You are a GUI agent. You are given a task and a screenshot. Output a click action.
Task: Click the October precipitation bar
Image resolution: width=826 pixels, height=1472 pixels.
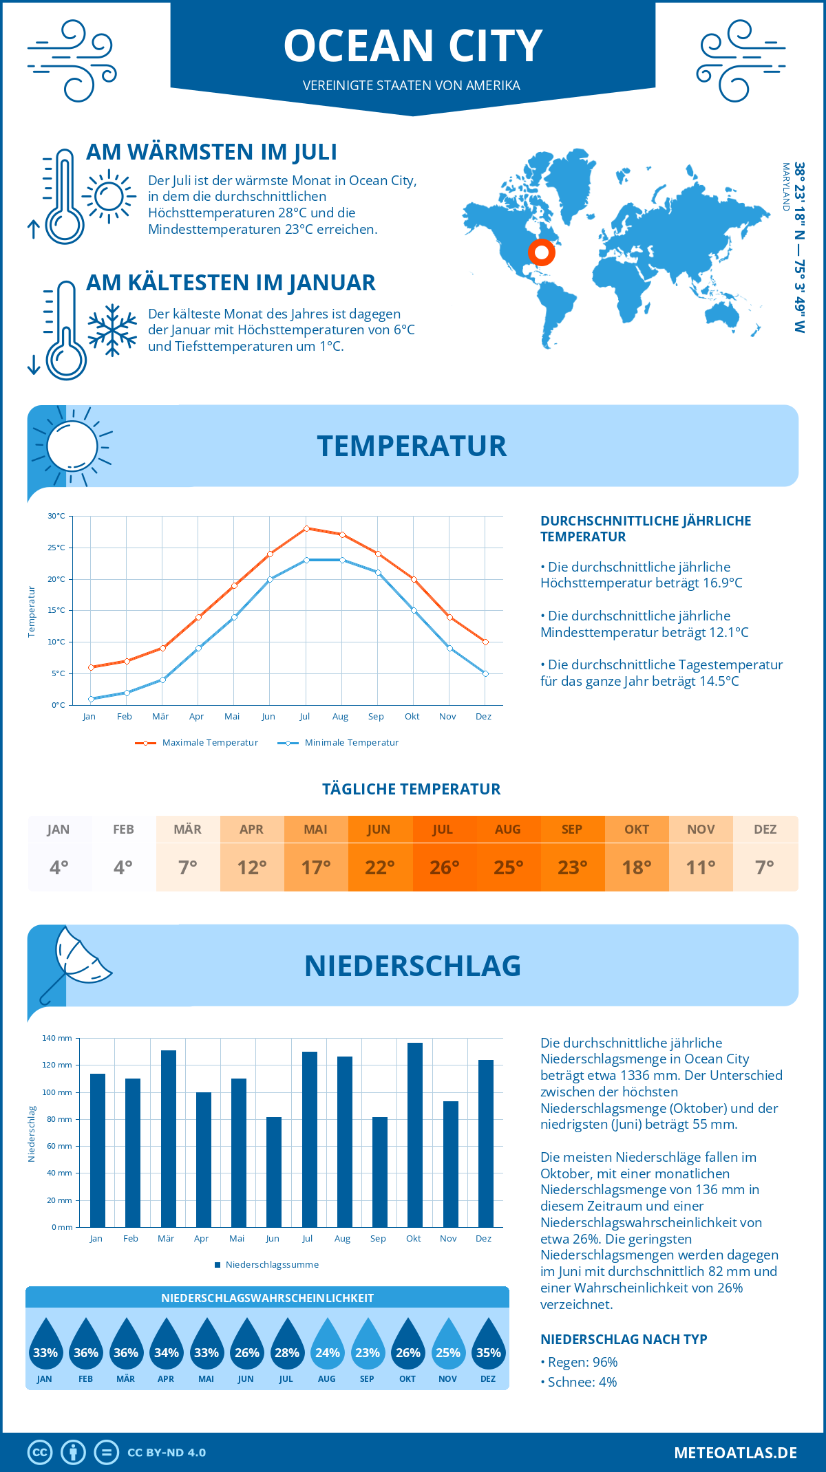click(x=414, y=1135)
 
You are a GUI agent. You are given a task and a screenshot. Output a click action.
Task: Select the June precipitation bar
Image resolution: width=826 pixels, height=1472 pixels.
click(x=274, y=1172)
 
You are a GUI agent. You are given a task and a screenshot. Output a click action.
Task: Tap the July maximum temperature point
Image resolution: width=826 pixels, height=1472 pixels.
click(x=306, y=528)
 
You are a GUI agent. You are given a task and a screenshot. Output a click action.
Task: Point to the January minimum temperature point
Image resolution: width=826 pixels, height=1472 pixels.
click(x=91, y=699)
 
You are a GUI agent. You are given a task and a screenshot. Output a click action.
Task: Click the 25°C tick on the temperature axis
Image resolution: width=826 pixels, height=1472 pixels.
click(x=56, y=548)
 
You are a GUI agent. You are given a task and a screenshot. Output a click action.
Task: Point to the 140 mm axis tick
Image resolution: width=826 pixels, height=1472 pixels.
click(x=57, y=1038)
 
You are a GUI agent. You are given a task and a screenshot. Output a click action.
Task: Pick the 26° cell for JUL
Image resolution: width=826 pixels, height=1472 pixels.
click(x=444, y=867)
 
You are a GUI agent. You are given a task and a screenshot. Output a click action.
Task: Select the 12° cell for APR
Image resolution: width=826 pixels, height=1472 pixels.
click(x=252, y=867)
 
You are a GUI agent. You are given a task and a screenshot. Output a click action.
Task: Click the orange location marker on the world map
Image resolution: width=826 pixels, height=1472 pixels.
click(x=542, y=252)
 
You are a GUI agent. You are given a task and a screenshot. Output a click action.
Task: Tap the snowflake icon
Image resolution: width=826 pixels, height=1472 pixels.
click(x=112, y=330)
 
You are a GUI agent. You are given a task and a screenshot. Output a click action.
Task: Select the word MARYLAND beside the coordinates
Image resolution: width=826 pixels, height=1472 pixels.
click(x=785, y=186)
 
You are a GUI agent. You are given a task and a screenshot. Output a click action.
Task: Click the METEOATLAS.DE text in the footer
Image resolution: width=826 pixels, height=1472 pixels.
click(x=735, y=1453)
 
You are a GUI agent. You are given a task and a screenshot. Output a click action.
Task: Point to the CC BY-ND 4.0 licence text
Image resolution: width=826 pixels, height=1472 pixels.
click(x=167, y=1453)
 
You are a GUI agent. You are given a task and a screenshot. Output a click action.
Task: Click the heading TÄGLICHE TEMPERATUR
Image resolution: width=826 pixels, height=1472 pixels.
click(x=411, y=789)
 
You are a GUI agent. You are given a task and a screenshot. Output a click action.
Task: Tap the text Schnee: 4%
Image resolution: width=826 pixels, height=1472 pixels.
click(x=582, y=1382)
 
